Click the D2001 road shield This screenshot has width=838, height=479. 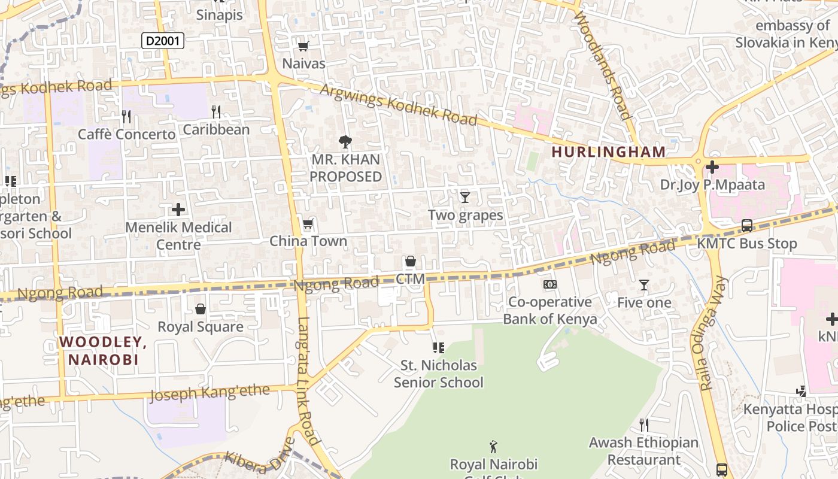(x=162, y=41)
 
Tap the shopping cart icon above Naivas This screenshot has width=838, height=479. (x=303, y=46)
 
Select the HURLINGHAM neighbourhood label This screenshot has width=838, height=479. (x=608, y=152)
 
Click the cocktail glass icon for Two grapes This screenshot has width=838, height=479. (x=465, y=197)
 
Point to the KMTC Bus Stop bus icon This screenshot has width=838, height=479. (x=747, y=226)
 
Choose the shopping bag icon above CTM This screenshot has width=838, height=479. (x=411, y=261)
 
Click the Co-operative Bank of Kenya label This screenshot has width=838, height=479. (x=549, y=310)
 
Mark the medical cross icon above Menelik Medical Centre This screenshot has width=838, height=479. (x=178, y=210)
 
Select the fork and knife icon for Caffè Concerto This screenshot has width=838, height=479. (x=126, y=116)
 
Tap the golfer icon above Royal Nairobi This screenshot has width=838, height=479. (x=493, y=447)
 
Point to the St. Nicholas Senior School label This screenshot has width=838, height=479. (x=438, y=374)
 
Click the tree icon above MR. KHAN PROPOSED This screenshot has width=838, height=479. (x=345, y=142)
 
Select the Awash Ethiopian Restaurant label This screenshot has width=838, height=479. (x=643, y=451)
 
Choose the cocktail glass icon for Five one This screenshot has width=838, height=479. (x=644, y=285)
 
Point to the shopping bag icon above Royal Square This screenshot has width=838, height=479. (x=201, y=309)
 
